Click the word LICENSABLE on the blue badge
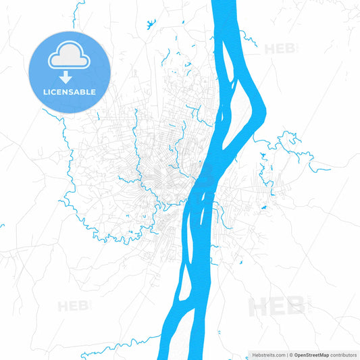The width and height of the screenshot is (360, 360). coord(68,92)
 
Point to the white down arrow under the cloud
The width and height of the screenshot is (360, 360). coord(68,76)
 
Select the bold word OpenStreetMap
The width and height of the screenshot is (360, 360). coord(311,355)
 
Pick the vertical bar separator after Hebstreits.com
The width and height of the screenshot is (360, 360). coord(286,355)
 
